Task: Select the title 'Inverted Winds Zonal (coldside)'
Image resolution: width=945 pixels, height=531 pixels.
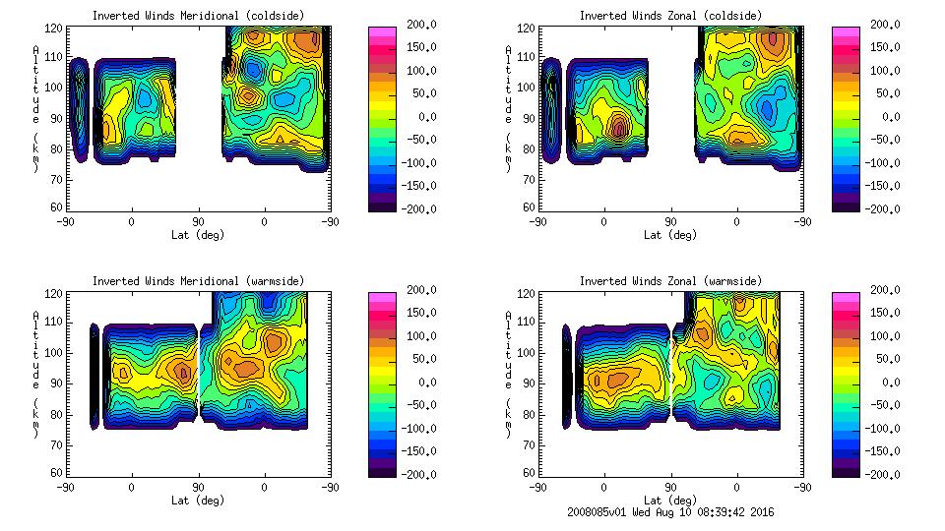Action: [670, 16]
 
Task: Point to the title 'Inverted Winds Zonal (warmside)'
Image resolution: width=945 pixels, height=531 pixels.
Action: [670, 281]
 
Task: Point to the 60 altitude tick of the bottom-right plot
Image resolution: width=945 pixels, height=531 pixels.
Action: [523, 473]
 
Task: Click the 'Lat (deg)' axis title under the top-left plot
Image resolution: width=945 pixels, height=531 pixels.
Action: [198, 235]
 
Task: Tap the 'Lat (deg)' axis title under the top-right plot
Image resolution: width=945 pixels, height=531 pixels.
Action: [671, 235]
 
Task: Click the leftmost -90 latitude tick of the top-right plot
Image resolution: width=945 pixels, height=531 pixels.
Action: [537, 221]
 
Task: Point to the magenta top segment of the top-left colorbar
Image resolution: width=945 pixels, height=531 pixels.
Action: [383, 31]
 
